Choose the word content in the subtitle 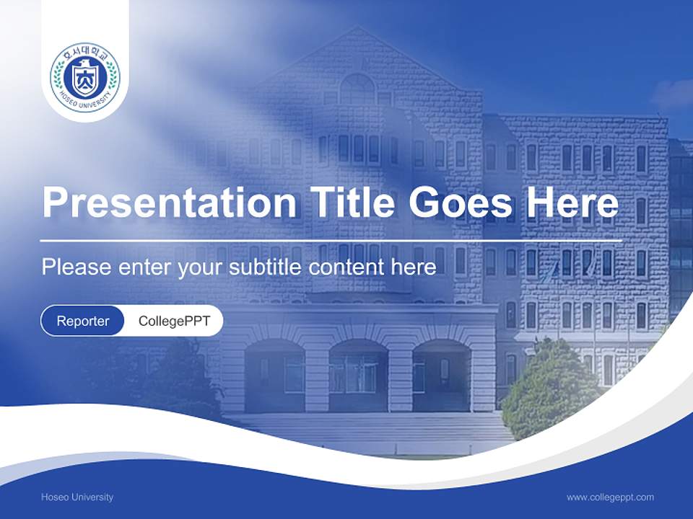click(x=347, y=267)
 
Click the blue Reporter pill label click(x=82, y=321)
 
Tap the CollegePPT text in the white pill click(x=174, y=321)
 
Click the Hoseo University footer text click(x=77, y=497)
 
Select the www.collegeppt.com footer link click(x=610, y=497)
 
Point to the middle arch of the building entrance click(x=358, y=371)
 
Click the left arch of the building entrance click(x=274, y=371)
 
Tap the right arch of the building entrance click(x=441, y=371)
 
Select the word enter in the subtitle click(x=145, y=267)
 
